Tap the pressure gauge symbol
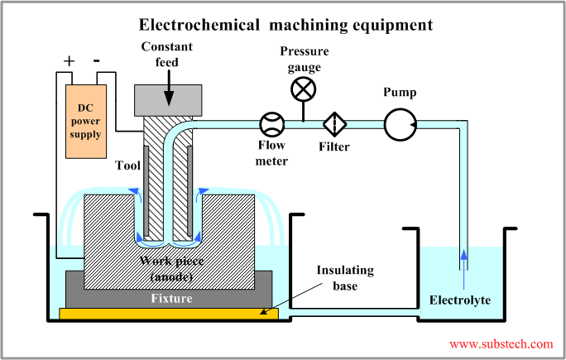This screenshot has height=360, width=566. click(303, 89)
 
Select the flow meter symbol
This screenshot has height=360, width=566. click(271, 125)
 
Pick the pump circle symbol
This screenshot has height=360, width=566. click(399, 125)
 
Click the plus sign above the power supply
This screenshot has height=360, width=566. click(69, 61)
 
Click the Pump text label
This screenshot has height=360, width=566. click(400, 93)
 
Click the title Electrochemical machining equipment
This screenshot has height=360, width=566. click(285, 25)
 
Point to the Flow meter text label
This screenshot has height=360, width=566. click(271, 153)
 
